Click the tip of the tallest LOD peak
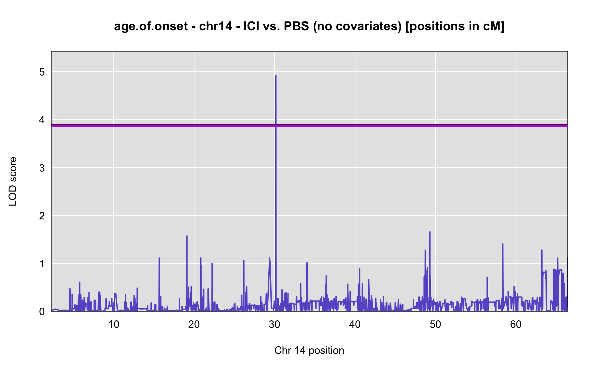coord(276,75)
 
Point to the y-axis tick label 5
coord(42,72)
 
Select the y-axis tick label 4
coord(42,120)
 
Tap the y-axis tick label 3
coord(42,168)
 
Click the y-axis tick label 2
coord(42,216)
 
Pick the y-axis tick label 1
coord(42,264)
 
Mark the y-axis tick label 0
coord(42,312)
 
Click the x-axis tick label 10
coord(114,325)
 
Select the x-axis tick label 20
coord(194,325)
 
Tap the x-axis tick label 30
coord(275,325)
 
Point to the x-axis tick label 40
coord(355,325)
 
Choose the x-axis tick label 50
coord(435,325)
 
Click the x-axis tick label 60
coord(516,325)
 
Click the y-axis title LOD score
coord(13,181)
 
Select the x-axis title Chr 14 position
coord(309,351)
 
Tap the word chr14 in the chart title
coord(215,26)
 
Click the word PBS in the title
coord(296,26)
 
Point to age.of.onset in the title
coord(151,26)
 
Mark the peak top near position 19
coord(187,236)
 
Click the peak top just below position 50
coord(430,232)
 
